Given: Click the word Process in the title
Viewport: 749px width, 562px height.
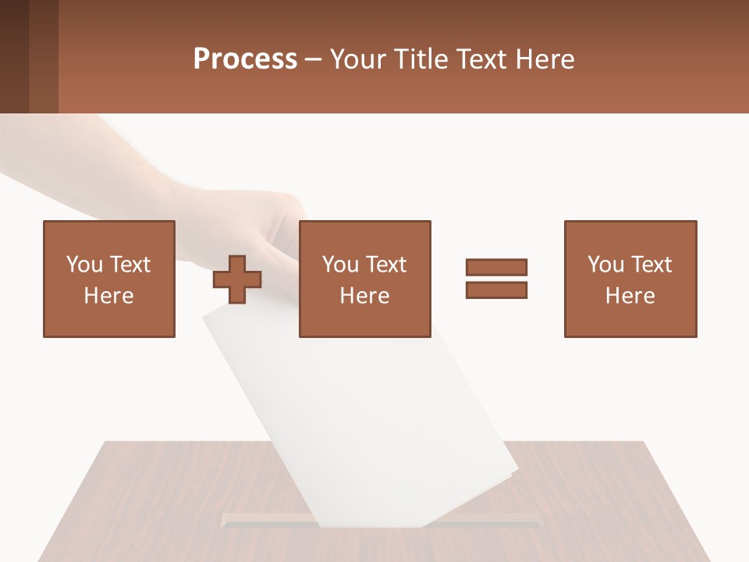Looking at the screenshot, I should tap(245, 59).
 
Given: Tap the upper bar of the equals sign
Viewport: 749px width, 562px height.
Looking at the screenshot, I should tap(496, 267).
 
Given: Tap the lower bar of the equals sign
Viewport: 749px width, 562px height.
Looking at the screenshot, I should tap(496, 290).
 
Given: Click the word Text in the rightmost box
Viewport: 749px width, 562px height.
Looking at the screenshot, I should tap(651, 265).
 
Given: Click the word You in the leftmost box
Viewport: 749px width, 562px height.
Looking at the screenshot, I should tap(84, 265).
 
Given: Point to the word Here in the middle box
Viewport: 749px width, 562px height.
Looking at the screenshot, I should tap(364, 296).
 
